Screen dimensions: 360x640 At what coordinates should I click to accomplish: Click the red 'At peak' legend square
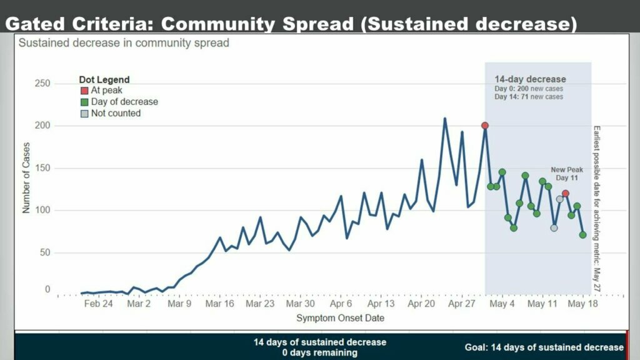pos(86,91)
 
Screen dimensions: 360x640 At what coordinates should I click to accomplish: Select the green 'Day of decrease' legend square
pos(86,102)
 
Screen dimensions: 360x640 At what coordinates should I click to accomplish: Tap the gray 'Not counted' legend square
pos(86,114)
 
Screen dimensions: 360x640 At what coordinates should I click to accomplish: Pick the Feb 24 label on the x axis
pos(99,304)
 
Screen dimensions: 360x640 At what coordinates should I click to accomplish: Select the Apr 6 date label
pos(341,304)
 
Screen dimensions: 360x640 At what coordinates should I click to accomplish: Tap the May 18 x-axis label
pos(583,304)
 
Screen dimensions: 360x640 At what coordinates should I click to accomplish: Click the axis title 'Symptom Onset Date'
pos(340,318)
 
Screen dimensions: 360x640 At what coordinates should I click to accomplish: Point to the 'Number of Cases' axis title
pos(26,177)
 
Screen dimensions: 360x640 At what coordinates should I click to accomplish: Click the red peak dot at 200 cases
pos(485,126)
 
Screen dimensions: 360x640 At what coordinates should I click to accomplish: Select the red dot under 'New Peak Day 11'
pos(565,194)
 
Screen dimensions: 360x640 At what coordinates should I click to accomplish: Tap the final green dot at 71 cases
pos(583,235)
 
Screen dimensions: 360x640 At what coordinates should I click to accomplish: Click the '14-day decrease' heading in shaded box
pos(530,79)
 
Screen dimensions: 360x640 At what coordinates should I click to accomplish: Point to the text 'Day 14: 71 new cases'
pos(529,97)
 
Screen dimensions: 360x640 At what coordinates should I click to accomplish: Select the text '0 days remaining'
pos(319,352)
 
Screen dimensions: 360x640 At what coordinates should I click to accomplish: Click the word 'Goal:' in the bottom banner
pos(477,347)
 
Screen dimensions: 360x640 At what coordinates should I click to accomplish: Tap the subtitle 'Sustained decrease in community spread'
pos(124,43)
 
